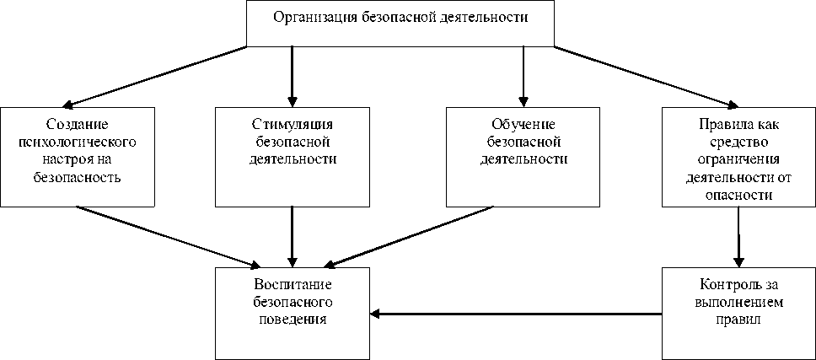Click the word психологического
(x=77, y=141)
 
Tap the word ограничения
(x=738, y=159)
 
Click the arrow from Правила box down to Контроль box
(x=738, y=236)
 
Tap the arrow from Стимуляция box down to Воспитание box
(x=292, y=236)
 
